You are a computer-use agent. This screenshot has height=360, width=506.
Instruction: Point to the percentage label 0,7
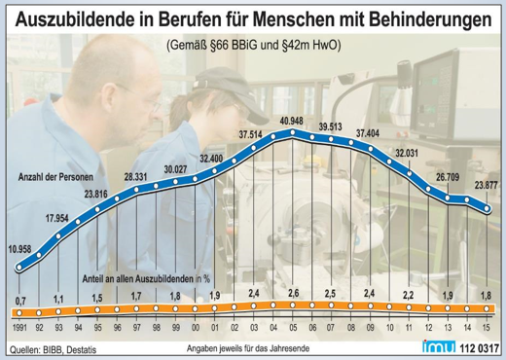pyautogui.click(x=20, y=301)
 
